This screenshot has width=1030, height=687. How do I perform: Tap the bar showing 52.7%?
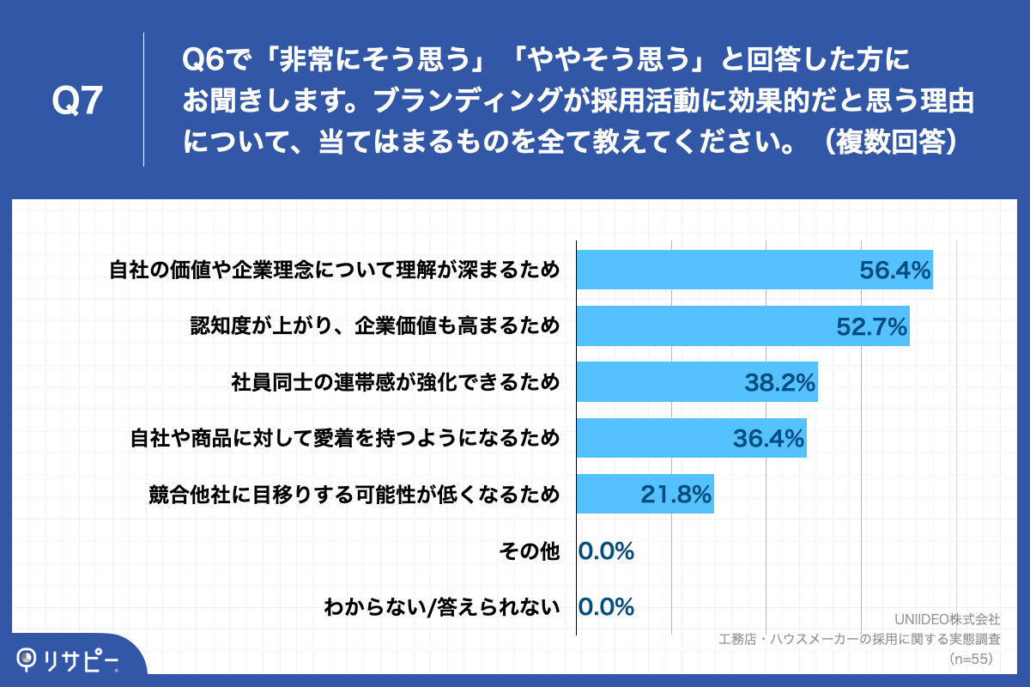[704, 326]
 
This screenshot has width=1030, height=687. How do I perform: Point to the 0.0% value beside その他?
[607, 551]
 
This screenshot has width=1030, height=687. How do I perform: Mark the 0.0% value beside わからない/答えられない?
[607, 607]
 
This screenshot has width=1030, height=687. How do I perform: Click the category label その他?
[530, 551]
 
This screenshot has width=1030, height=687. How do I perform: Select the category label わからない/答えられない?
[442, 607]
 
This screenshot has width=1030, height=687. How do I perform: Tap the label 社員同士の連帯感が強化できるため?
[395, 382]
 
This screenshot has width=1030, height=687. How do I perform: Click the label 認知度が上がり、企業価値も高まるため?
[374, 326]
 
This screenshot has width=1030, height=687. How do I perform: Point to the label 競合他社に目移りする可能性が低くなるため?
[354, 495]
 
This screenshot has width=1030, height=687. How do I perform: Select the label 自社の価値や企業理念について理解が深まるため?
[335, 271]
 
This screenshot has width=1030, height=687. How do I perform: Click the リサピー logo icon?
[27, 659]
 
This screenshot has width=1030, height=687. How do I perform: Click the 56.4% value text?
[894, 271]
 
